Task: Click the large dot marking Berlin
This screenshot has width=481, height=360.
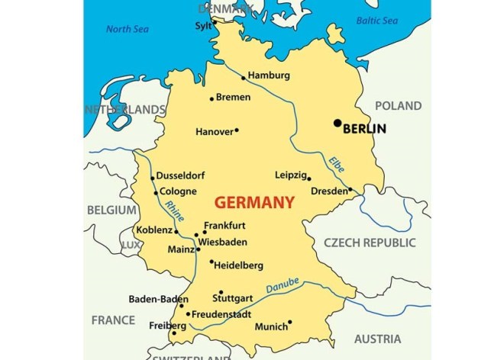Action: tap(337, 123)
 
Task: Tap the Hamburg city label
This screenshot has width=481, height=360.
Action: tap(269, 76)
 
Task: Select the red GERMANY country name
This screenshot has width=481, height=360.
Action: tap(254, 203)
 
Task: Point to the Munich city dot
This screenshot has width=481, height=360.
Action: tap(290, 323)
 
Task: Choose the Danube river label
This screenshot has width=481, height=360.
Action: tap(282, 286)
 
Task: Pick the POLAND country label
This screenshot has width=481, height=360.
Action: tap(398, 106)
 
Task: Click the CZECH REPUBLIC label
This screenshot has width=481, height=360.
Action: tap(370, 243)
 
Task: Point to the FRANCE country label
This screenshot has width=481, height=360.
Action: tap(113, 320)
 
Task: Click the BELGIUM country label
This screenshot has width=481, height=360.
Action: tap(111, 210)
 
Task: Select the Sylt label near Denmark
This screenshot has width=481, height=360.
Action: tap(205, 25)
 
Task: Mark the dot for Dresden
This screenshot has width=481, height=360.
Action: tap(350, 191)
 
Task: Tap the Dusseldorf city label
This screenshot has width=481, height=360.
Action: tap(182, 175)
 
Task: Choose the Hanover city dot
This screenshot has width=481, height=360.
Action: tap(237, 130)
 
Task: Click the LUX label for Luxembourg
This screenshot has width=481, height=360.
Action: tap(131, 245)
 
